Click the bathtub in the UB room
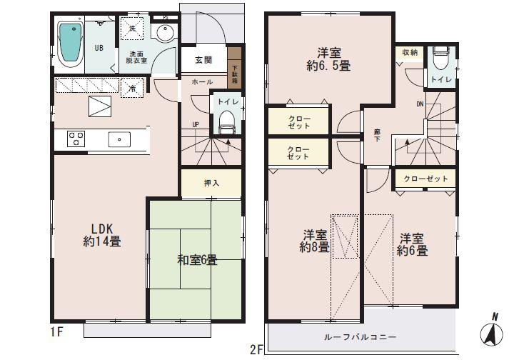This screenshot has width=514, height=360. pyautogui.click(x=70, y=44)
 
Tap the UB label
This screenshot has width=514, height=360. pyautogui.click(x=101, y=49)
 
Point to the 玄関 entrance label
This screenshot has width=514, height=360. pyautogui.click(x=203, y=61)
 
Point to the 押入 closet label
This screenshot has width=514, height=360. pyautogui.click(x=212, y=184)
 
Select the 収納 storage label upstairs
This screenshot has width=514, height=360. pyautogui.click(x=409, y=53)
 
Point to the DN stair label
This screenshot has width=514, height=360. pyautogui.click(x=420, y=104)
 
